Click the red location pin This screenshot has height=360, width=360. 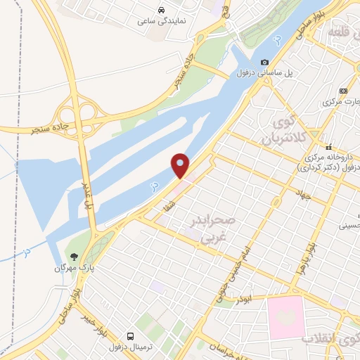(x=181, y=165)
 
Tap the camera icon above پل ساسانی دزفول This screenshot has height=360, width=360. (x=265, y=63)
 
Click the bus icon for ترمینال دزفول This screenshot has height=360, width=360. (x=130, y=336)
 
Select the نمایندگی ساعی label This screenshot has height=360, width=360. (x=162, y=22)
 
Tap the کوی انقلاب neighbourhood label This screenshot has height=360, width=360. (x=331, y=337)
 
